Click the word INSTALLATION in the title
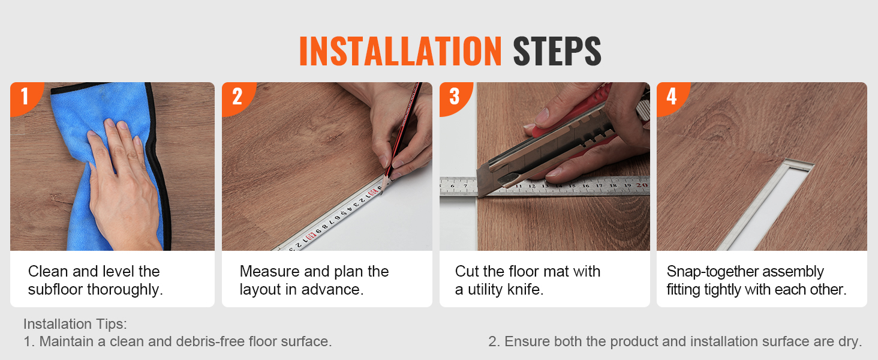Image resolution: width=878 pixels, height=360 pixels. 400,51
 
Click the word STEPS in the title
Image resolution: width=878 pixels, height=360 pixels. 557,51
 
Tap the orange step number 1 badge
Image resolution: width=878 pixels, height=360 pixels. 25,97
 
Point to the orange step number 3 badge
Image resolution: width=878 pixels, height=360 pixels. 454,97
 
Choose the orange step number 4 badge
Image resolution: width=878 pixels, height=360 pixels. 672,97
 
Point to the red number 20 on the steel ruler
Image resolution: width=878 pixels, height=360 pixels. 641,185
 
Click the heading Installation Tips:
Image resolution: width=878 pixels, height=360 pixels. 75,324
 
